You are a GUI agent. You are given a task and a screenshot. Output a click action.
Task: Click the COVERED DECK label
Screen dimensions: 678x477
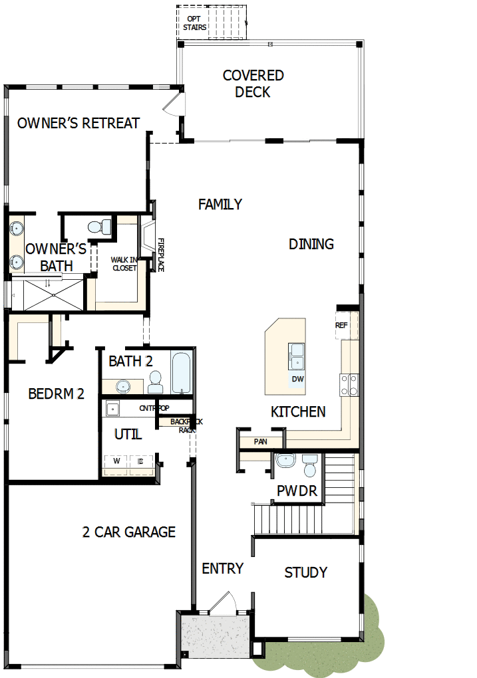[253, 84]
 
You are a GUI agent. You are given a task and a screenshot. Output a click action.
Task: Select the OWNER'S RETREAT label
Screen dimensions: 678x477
[79, 123]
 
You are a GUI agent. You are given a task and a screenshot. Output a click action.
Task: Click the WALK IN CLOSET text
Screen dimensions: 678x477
[124, 264]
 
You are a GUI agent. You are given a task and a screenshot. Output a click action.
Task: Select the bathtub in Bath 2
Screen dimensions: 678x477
[181, 373]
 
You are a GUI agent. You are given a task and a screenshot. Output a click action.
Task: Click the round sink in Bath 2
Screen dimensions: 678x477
[122, 386]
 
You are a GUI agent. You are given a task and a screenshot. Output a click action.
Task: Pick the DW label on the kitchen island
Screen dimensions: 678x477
[297, 379]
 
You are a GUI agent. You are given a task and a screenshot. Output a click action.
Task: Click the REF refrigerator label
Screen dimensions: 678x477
[341, 325]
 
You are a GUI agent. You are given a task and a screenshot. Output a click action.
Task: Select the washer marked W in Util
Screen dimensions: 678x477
[117, 461]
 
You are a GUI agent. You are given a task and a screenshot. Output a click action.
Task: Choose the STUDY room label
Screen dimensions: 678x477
[305, 572]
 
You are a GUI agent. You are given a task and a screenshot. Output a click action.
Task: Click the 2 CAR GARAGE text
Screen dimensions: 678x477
[129, 532]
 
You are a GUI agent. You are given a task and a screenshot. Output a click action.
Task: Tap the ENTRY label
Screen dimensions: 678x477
[222, 569]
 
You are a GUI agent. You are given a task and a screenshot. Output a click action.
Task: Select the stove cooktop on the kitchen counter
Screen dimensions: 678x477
[349, 385]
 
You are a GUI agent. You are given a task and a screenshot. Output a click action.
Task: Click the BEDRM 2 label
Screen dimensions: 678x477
[57, 394]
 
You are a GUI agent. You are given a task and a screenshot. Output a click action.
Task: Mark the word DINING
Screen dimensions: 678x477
[311, 244]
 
